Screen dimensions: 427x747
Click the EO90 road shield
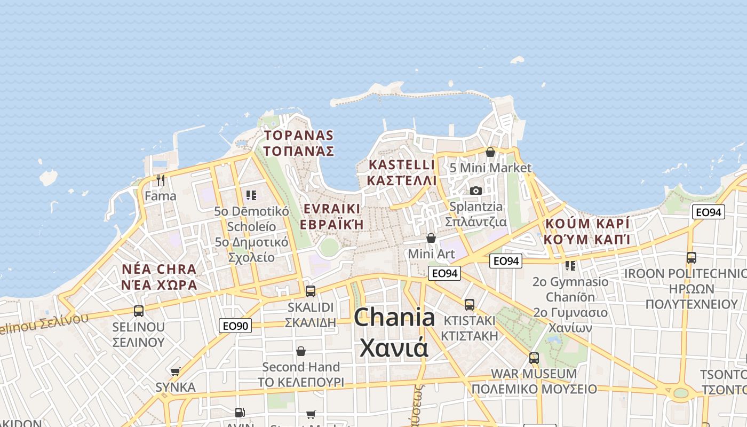coord(235,325)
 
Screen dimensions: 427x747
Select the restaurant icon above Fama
coord(161,180)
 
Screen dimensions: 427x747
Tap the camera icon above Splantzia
coord(476,191)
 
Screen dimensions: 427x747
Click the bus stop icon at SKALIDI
coord(310,291)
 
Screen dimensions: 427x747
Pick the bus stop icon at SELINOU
coord(139,311)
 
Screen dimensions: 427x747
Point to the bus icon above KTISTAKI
coord(470,304)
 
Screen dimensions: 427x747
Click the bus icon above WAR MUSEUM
coord(534,358)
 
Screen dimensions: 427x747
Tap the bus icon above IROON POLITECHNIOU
coord(692,258)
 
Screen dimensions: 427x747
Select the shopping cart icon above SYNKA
coord(176,371)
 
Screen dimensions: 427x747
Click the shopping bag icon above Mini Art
coord(431,238)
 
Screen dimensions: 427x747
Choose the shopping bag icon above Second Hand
coord(301,351)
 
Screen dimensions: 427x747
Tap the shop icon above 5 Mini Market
coord(490,153)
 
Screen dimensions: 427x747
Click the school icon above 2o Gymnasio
coord(570,265)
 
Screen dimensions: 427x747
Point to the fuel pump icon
coord(240,412)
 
